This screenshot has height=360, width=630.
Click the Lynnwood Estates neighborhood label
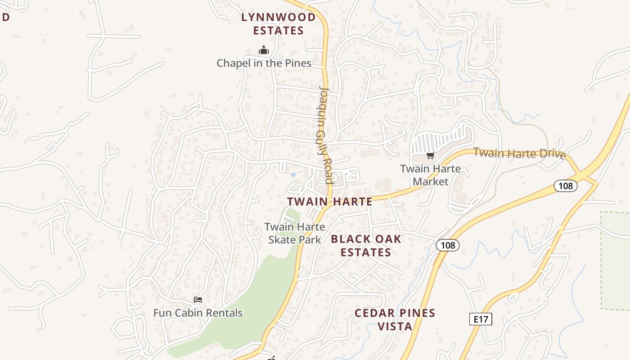(x=278, y=24)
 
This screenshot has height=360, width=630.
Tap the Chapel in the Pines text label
(x=264, y=63)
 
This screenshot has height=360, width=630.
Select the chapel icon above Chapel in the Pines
(x=264, y=50)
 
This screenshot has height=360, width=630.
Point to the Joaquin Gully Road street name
(x=325, y=135)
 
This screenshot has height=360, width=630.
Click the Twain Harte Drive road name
(x=519, y=153)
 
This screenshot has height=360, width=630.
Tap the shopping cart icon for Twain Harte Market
(x=431, y=156)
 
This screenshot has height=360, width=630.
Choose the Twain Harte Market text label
(x=431, y=175)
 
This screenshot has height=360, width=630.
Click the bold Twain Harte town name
(x=330, y=202)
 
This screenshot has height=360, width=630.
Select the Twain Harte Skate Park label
(x=295, y=233)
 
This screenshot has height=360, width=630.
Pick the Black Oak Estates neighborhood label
(x=366, y=246)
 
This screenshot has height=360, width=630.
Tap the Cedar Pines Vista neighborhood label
(x=395, y=319)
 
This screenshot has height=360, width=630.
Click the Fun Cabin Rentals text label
(x=198, y=313)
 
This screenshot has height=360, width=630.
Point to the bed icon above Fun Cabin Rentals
(x=198, y=300)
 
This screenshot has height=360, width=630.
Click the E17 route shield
(x=481, y=319)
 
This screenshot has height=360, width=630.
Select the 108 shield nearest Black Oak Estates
(x=448, y=245)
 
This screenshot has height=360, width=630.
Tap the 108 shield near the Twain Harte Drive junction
(x=565, y=185)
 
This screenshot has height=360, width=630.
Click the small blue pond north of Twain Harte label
(x=293, y=175)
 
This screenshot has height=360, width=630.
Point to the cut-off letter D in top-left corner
(x=5, y=18)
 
